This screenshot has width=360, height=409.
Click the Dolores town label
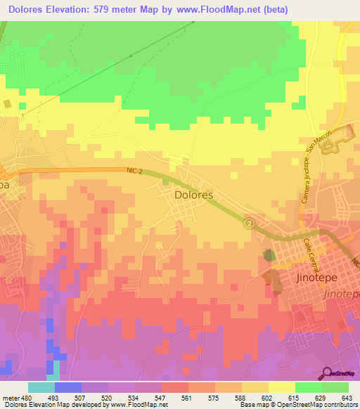coord(193,196)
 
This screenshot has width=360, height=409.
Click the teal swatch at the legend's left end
coord(41,388)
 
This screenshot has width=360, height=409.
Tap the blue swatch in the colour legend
coord(68,388)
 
